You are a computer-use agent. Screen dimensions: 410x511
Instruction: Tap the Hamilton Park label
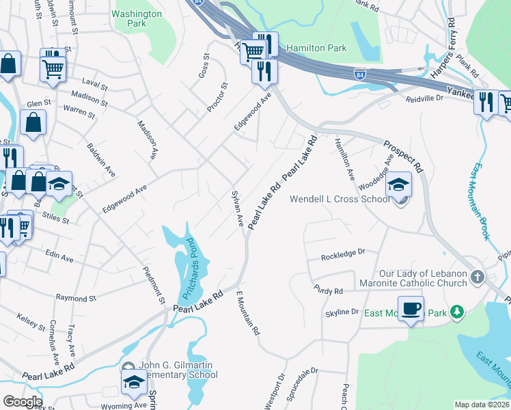[x=316, y=48]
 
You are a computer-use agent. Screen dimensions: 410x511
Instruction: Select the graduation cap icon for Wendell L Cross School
[x=398, y=184]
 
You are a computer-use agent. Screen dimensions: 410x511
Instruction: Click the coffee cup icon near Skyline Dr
[x=411, y=309]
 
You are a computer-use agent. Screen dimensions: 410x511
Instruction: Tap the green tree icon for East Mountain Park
[x=456, y=313]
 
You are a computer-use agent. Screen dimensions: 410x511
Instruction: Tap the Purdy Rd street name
[x=328, y=291]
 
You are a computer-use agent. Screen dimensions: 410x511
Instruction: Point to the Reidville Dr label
[x=425, y=98]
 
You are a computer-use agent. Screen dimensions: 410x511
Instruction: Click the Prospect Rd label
[x=403, y=156]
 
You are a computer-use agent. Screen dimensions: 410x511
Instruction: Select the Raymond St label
[x=76, y=299]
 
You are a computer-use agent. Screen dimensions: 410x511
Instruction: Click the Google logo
[x=22, y=402]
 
